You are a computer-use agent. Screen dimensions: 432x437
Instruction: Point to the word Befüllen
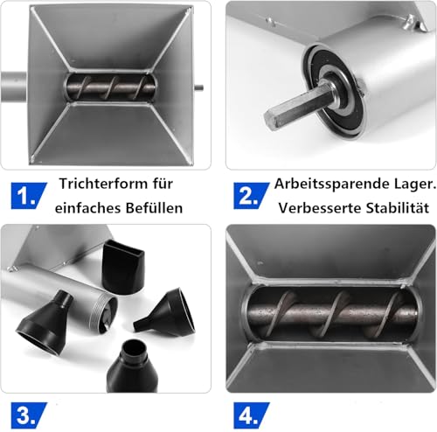[159, 210]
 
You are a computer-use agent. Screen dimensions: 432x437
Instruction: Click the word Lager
[406, 185]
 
